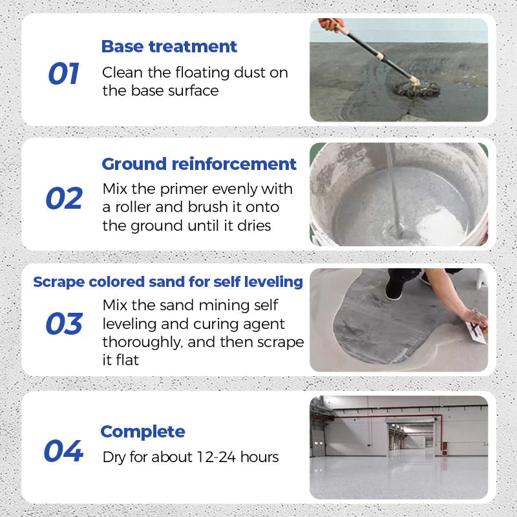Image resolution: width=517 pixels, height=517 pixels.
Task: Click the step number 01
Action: tap(63, 74)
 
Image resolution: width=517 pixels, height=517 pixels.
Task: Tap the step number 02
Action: tap(64, 199)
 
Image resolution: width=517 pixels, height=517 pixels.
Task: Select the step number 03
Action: tap(64, 323)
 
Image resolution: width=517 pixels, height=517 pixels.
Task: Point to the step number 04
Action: tap(63, 451)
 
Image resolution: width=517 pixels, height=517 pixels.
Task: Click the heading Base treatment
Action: tap(169, 47)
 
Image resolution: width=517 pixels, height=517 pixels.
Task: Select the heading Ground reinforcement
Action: tap(199, 164)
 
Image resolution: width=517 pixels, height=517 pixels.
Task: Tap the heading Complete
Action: tap(143, 432)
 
